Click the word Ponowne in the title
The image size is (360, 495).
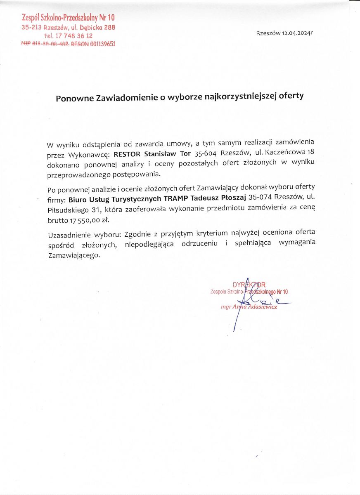tap(73, 97)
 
